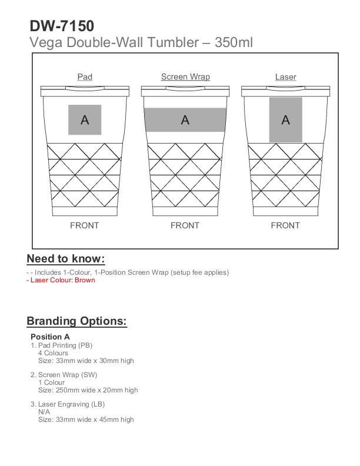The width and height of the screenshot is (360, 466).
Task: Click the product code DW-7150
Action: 61,26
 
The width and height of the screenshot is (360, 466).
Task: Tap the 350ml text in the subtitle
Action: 234,42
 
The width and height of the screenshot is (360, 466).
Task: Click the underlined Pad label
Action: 85,77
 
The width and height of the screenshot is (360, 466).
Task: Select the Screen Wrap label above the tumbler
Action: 185,77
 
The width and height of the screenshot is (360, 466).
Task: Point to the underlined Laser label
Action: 285,77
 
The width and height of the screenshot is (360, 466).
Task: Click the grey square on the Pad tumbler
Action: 85,119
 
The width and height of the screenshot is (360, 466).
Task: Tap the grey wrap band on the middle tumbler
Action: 185,120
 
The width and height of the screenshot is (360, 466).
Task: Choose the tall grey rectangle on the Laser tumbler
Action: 285,120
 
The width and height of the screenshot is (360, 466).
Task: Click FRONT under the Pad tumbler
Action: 85,225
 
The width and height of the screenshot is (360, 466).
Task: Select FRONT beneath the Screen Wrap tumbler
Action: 185,225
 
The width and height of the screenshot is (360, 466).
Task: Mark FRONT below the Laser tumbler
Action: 285,225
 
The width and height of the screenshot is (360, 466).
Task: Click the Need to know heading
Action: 66,259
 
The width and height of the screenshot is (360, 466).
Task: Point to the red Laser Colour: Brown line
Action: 61,280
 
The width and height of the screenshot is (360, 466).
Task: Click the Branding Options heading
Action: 76,321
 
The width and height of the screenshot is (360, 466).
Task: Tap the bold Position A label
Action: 50,337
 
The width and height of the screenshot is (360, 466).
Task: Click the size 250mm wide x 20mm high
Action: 88,390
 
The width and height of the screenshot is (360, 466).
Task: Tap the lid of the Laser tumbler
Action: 285,91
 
